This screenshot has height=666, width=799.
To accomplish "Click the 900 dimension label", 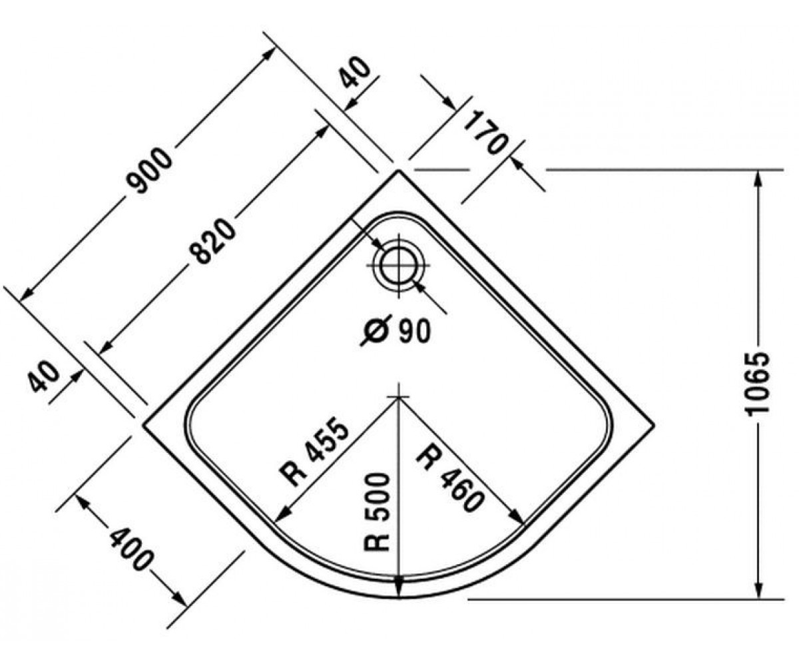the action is (x=150, y=171).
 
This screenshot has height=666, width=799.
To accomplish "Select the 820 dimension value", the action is (x=212, y=241).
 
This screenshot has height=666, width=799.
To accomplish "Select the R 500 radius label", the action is (x=377, y=511).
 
